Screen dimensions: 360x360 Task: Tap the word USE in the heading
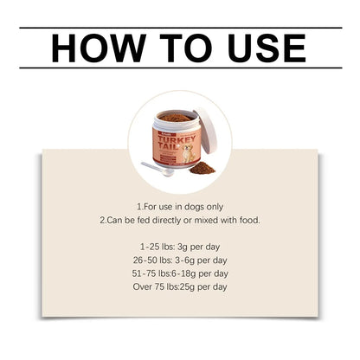tap(257, 48)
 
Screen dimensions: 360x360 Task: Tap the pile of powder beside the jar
tap(202, 166)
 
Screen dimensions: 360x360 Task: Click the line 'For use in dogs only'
tap(180, 208)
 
